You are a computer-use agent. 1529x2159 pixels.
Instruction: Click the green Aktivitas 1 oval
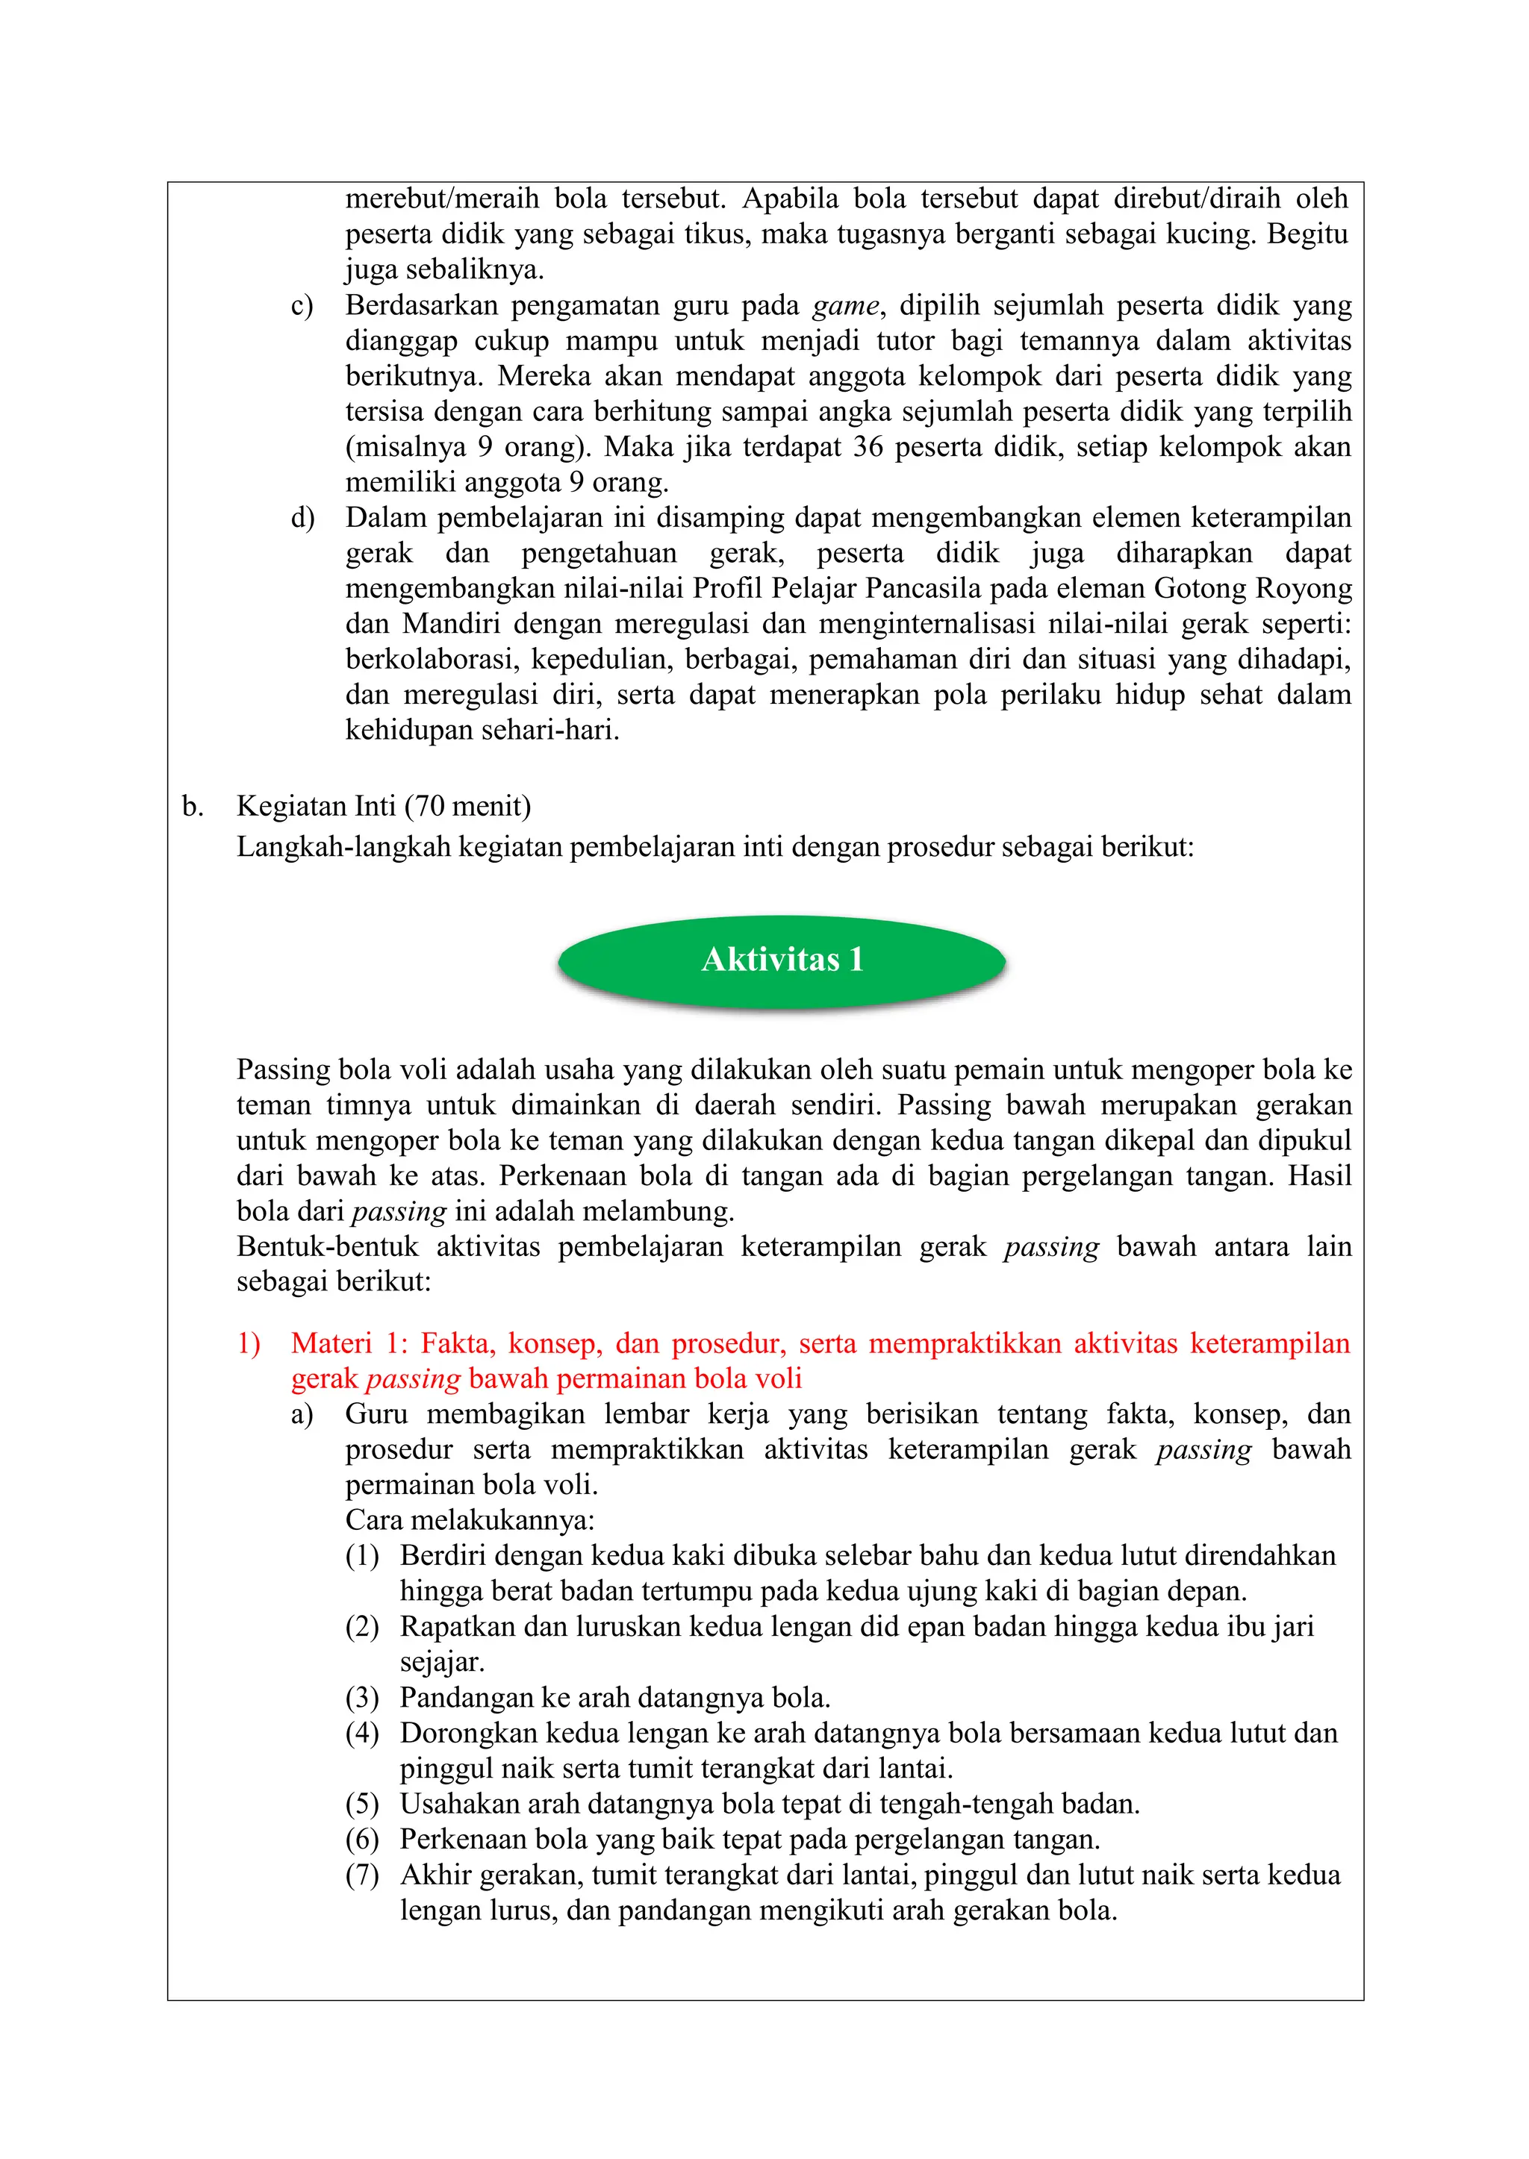[x=782, y=960]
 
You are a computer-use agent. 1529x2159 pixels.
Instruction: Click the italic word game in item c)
[x=845, y=306]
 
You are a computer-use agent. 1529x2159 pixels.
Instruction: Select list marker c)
[x=302, y=306]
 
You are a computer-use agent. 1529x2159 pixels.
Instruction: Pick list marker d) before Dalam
[x=302, y=518]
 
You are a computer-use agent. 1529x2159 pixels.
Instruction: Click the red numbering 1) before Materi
[x=249, y=1343]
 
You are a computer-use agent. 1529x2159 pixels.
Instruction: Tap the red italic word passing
[x=412, y=1379]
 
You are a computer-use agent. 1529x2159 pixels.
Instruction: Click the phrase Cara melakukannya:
[x=469, y=1520]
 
